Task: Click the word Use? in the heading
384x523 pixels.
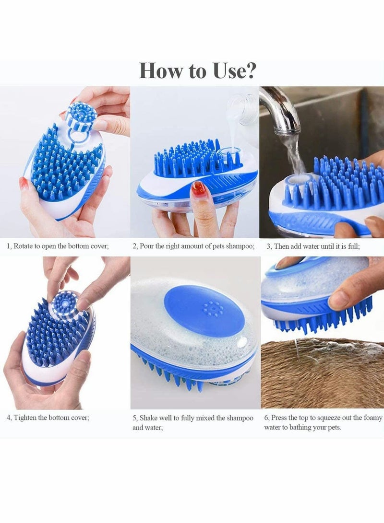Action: [x=232, y=71]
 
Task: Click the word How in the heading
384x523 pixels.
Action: [x=160, y=71]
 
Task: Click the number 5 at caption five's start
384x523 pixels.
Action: [x=134, y=418]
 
